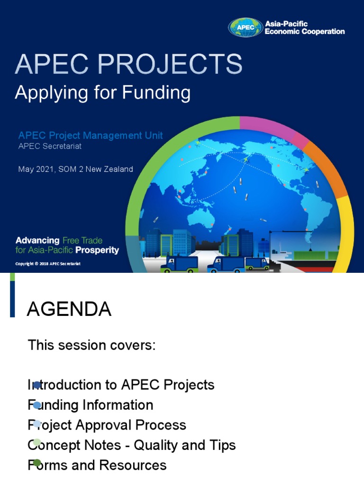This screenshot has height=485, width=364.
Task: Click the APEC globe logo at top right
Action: pos(245,27)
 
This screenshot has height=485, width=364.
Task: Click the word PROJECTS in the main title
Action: pos(165,64)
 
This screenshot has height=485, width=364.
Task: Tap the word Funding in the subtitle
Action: pos(156,92)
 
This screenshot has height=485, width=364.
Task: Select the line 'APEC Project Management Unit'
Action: pos(91,135)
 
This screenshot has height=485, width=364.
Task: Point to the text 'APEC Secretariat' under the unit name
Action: pos(50,146)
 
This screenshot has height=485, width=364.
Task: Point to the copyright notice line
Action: pos(48,263)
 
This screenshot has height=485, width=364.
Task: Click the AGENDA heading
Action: pos(69,309)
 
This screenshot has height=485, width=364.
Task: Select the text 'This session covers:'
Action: pos(91,345)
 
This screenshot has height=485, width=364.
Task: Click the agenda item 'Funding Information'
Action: pos(91,405)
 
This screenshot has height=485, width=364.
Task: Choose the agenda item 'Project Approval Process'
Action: pos(107,425)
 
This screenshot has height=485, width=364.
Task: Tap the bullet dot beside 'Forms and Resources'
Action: pos(37,463)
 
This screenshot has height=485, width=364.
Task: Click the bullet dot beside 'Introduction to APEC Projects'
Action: pos(37,385)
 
